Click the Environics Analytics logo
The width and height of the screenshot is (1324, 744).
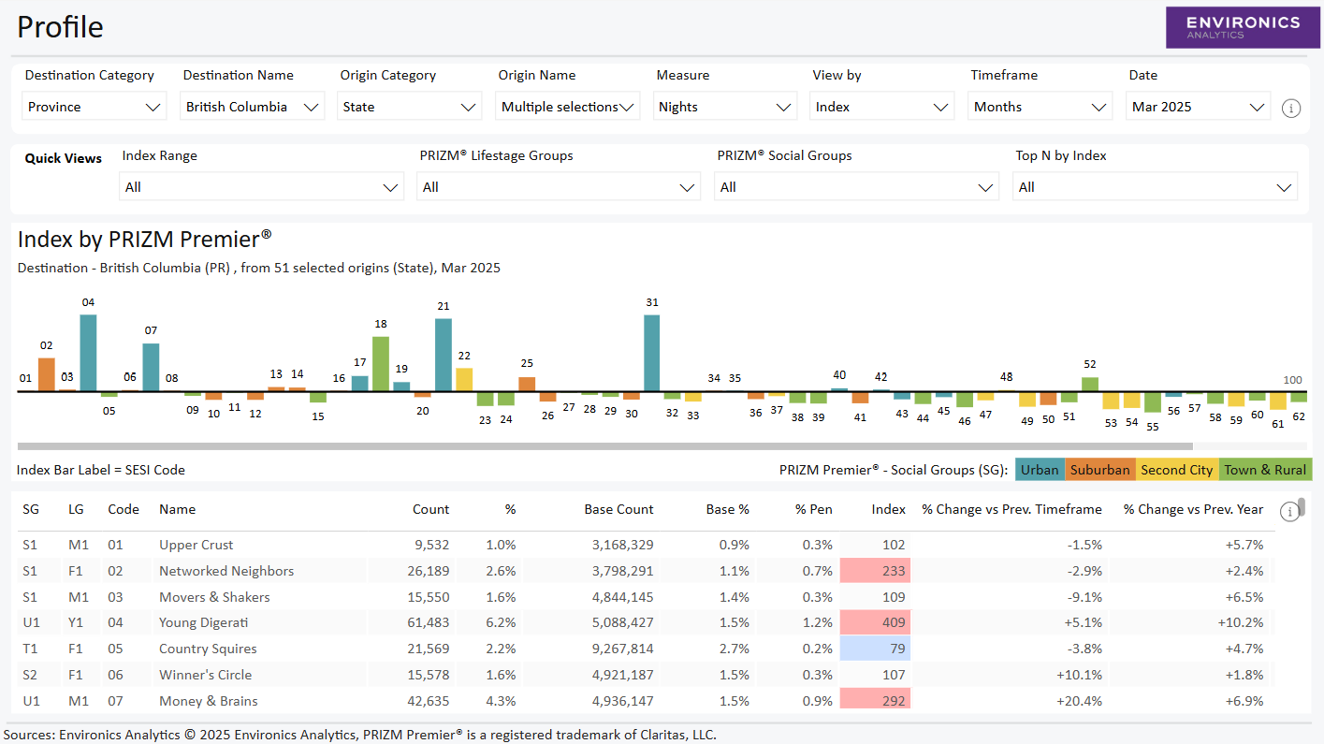coord(1243,27)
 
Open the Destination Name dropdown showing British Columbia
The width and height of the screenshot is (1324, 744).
coord(252,107)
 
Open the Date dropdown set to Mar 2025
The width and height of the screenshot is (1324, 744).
coord(1198,107)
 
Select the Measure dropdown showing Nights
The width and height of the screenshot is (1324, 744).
coord(725,107)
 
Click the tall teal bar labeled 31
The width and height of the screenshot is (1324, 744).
coord(652,353)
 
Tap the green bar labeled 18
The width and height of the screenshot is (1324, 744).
coord(381,363)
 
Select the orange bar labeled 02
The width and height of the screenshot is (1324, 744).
coord(47,373)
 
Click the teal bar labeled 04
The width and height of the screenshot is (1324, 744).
coord(88,353)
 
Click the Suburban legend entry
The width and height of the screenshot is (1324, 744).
coord(1099,470)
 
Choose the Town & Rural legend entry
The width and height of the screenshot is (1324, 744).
coord(1264,470)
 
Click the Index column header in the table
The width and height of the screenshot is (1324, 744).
coord(888,510)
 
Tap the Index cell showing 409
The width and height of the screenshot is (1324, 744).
coord(875,623)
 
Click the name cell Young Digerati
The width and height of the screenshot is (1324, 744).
coord(203,623)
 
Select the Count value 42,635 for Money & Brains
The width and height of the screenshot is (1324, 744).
coord(427,701)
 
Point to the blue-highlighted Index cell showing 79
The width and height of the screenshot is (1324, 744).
coord(875,649)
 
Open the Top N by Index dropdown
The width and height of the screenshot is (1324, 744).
coord(1155,187)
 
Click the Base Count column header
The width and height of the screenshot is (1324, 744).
coord(618,510)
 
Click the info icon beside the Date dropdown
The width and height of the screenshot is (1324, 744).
coord(1290,109)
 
